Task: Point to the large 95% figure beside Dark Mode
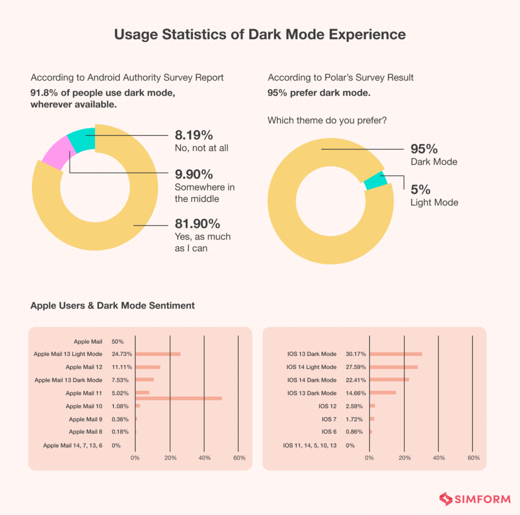pos(424,149)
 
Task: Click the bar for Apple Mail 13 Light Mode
pos(157,354)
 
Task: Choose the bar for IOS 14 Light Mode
pos(394,367)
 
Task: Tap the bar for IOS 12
pos(372,406)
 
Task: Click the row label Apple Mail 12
pos(84,367)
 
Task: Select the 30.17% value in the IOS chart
pos(355,354)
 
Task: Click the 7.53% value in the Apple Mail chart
pos(120,380)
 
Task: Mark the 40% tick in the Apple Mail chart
pos(204,458)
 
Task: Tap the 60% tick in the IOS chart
pos(473,458)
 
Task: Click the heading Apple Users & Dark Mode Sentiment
pos(112,306)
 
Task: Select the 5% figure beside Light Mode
pos(420,189)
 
